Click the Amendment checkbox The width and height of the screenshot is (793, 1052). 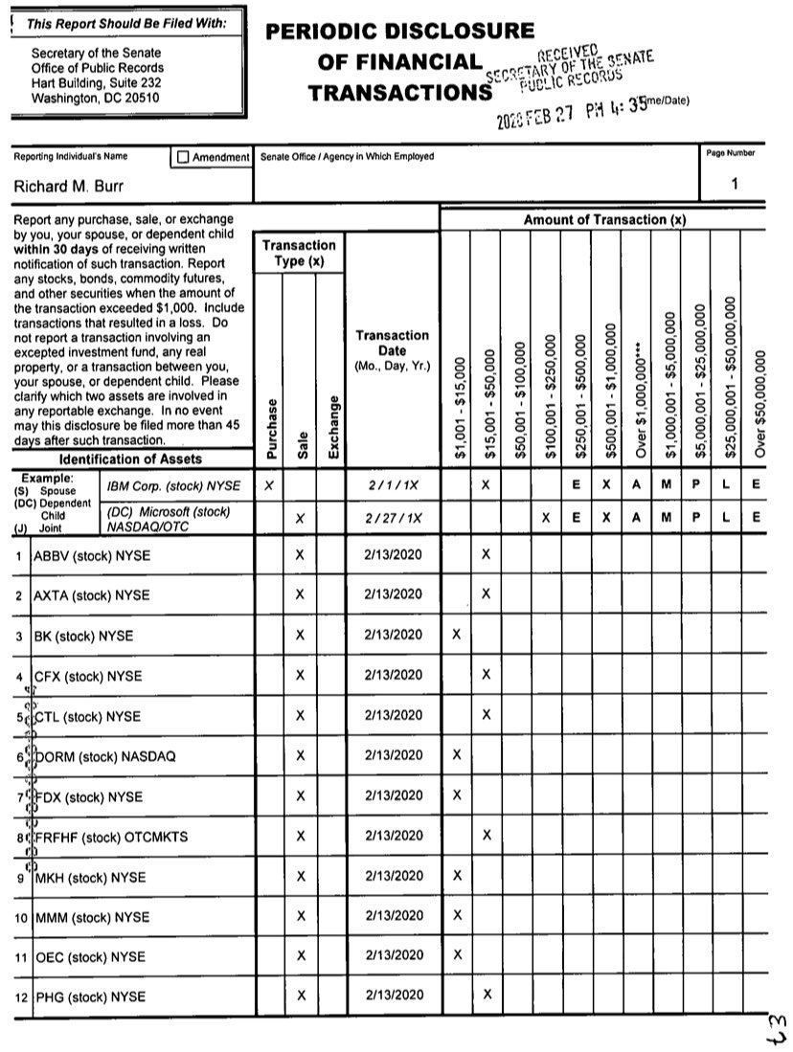[184, 156]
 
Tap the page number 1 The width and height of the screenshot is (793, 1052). [735, 184]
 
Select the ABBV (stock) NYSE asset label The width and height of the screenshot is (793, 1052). [92, 555]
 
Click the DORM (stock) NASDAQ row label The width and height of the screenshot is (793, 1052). [105, 756]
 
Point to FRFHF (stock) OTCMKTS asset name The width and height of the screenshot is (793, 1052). [111, 837]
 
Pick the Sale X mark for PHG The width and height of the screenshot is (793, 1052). [300, 996]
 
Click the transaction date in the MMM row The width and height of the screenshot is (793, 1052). [393, 916]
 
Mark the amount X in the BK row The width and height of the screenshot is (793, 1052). [456, 635]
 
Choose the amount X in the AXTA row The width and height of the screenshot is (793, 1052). [487, 594]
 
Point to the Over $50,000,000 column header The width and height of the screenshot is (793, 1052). [759, 403]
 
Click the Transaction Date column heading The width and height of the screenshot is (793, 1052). [393, 350]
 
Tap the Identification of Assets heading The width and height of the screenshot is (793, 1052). [131, 459]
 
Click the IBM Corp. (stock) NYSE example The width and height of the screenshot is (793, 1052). [174, 486]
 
